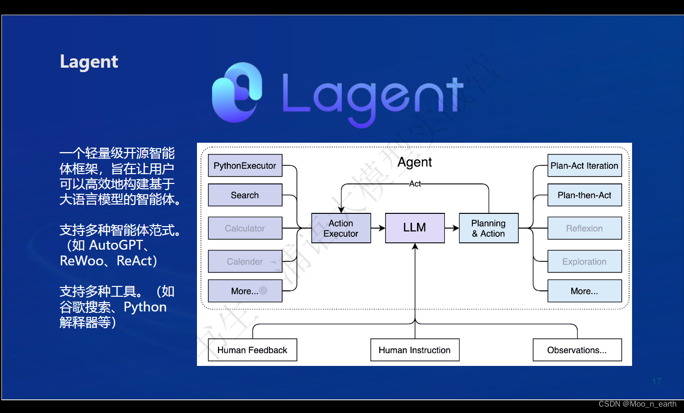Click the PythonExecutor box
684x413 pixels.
point(245,166)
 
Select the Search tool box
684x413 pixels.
point(245,195)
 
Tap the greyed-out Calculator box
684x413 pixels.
point(245,228)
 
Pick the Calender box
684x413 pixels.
point(245,261)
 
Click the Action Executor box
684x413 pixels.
point(341,228)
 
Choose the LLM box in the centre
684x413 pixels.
point(415,228)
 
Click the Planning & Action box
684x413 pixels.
point(489,228)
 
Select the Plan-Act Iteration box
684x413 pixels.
point(584,166)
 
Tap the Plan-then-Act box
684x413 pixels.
point(584,195)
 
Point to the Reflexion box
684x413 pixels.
point(584,228)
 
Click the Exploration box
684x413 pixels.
point(584,261)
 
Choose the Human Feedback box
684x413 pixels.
point(252,350)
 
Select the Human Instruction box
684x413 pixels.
point(415,350)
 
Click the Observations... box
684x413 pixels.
point(577,350)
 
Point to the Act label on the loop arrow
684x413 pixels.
point(415,184)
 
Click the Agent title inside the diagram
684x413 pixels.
point(415,162)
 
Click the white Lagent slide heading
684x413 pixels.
point(89,62)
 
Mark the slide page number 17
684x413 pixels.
point(657,382)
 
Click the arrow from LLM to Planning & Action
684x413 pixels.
point(452,228)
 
